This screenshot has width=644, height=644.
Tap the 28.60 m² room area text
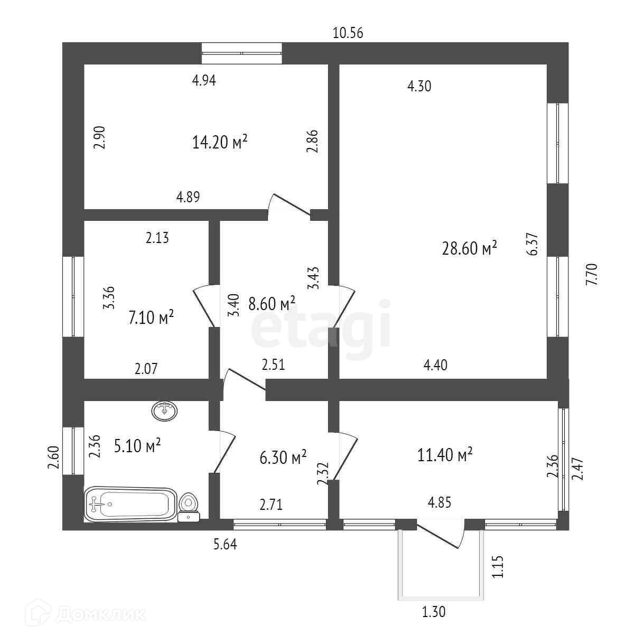[470, 248]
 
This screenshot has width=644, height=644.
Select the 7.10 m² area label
[151, 318]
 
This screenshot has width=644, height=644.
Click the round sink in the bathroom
[165, 410]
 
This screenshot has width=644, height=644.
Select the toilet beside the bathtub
[189, 506]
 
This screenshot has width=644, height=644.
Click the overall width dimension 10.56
[348, 33]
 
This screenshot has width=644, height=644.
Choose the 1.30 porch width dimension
[433, 612]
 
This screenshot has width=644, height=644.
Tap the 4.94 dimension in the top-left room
[204, 80]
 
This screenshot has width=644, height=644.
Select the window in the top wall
[242, 53]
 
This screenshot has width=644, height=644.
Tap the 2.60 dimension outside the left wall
[53, 458]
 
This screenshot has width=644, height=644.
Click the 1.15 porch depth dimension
[497, 566]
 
